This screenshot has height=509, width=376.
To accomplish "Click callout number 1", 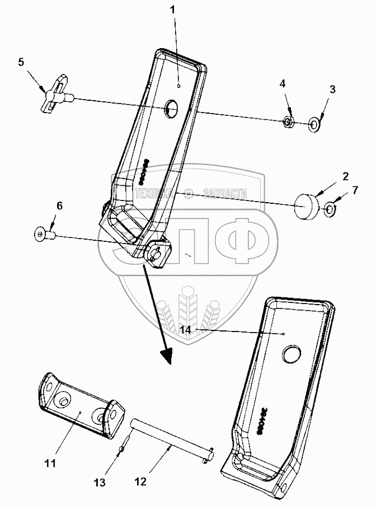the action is pos(173,10).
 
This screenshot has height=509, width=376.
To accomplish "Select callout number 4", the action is pos(283,83).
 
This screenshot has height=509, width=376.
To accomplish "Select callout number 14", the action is pos(187,330).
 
